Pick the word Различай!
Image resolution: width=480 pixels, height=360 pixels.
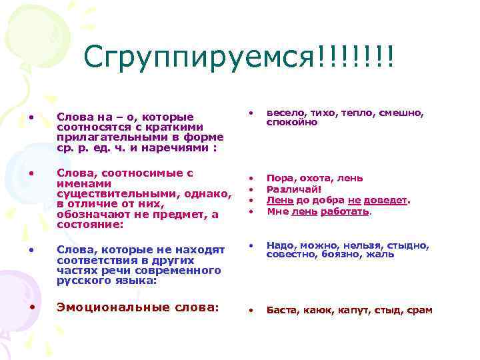294,189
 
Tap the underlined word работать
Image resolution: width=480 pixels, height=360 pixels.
345,211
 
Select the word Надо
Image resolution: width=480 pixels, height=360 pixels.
280,244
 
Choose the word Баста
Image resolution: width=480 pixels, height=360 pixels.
282,310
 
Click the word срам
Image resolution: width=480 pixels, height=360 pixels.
419,310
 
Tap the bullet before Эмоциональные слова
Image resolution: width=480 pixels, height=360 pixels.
31,307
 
